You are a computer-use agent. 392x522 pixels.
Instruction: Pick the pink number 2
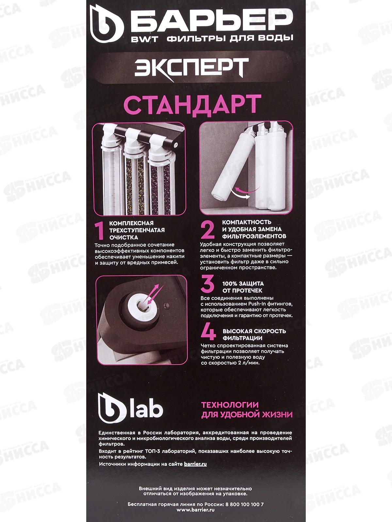click(208, 230)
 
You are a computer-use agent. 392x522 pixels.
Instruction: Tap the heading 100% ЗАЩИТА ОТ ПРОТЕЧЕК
click(242, 287)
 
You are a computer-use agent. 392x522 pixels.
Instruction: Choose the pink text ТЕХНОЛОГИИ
click(230, 405)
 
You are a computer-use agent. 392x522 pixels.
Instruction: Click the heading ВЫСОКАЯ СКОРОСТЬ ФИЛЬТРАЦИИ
click(254, 334)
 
